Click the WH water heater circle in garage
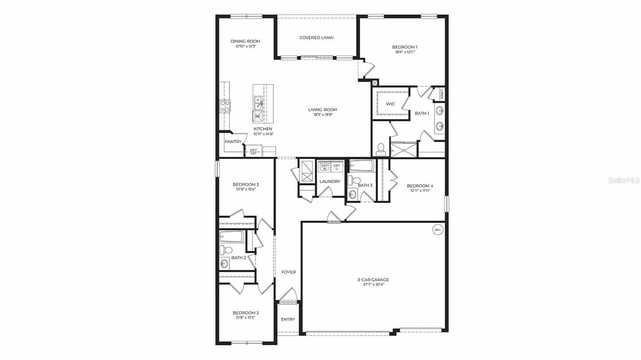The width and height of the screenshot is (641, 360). (437, 230)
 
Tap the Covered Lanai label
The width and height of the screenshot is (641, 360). (316, 38)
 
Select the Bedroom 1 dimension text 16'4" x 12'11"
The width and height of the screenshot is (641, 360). (405, 52)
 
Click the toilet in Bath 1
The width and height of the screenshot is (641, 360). (381, 149)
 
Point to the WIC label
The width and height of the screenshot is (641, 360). (390, 104)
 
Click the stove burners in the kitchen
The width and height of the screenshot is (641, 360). (225, 106)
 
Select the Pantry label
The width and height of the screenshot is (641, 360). (233, 142)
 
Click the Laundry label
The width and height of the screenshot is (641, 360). (330, 181)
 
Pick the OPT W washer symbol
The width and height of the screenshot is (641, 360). (325, 167)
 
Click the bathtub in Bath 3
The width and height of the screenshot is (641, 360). (362, 166)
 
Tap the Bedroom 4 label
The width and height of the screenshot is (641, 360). (420, 186)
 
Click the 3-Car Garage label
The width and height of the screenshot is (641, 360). (373, 280)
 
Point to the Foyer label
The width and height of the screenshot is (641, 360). (288, 272)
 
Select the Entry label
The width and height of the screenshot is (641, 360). (288, 320)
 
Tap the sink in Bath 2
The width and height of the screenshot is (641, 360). (224, 263)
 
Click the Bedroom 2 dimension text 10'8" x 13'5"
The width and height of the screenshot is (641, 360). (246, 318)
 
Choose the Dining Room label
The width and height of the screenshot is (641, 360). (245, 41)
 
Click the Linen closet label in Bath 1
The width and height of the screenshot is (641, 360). (441, 95)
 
